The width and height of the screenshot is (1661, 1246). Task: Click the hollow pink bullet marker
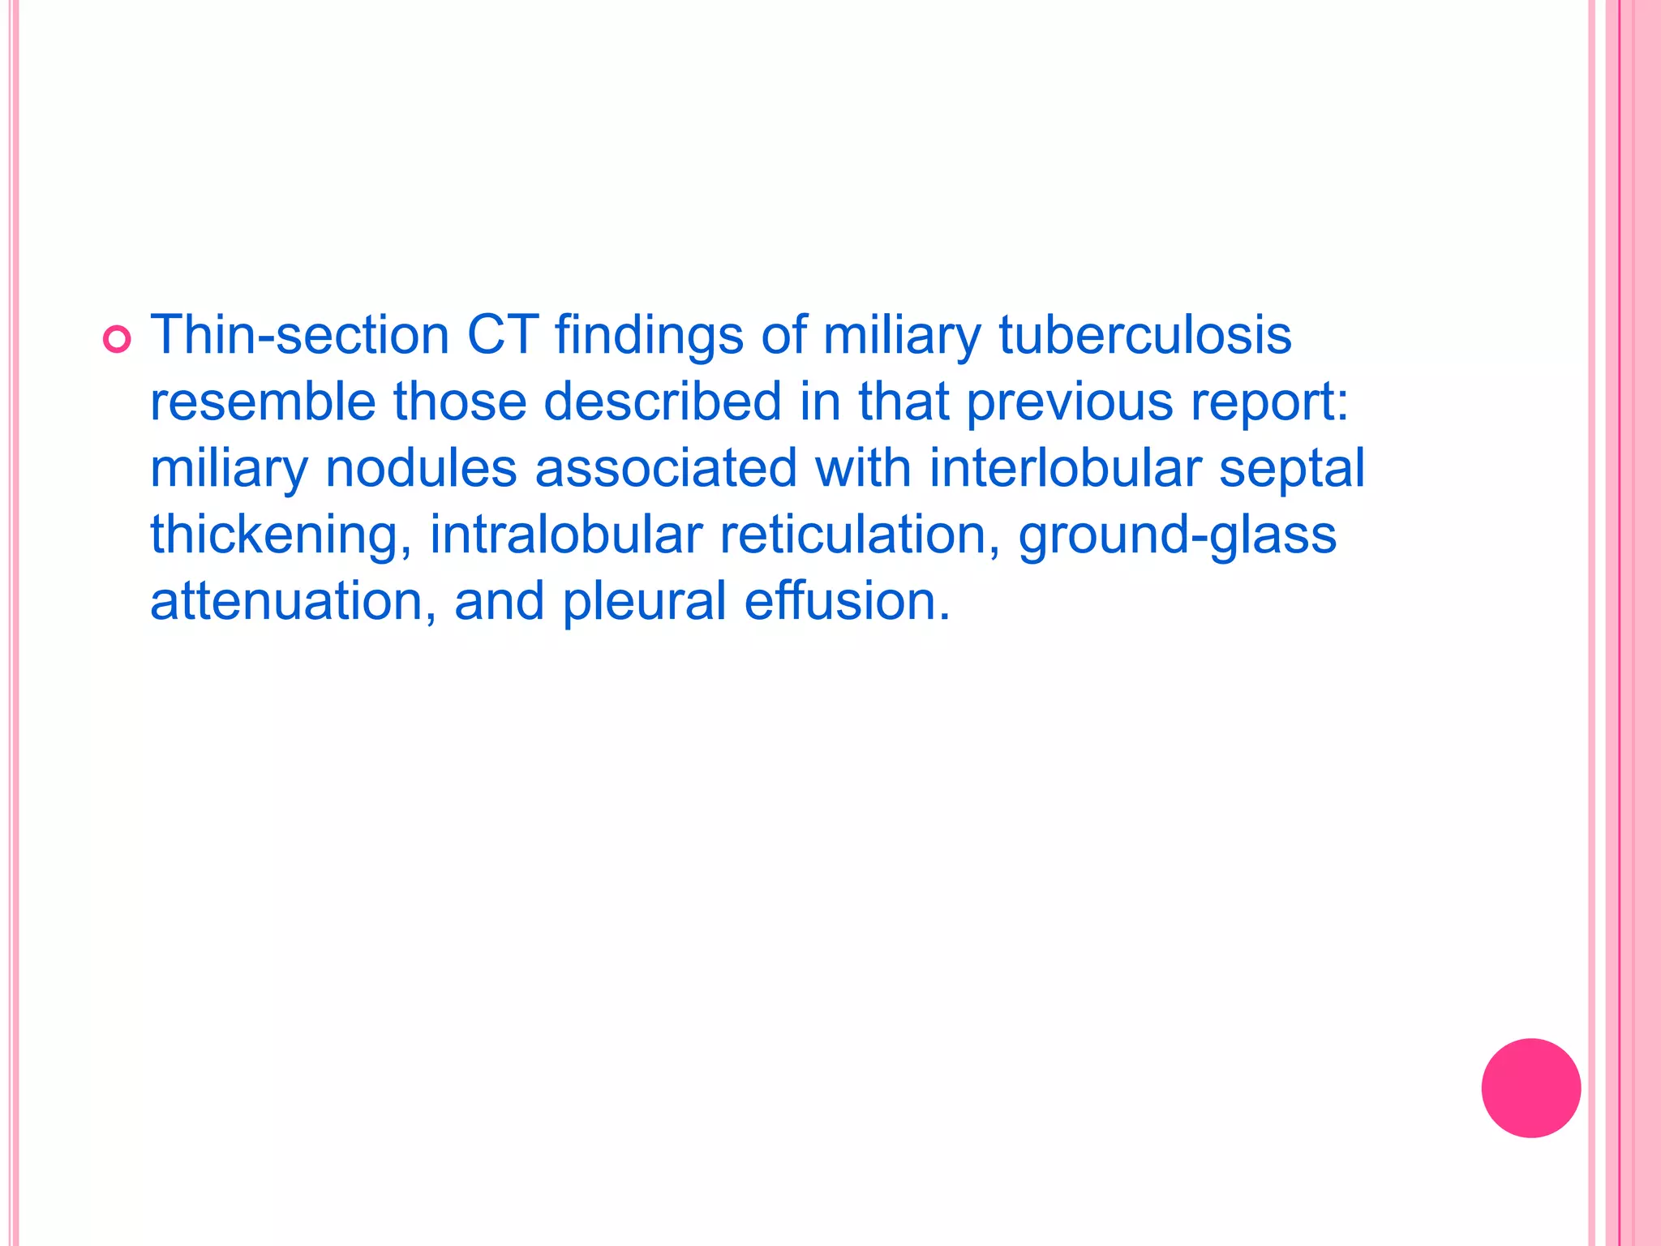tap(117, 339)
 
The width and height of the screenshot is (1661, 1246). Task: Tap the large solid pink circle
tap(1530, 1088)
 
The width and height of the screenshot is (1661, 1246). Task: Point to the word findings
tap(649, 336)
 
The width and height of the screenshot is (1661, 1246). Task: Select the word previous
tap(1070, 402)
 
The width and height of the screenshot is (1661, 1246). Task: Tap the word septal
tap(1292, 470)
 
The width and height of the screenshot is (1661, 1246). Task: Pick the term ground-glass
tap(1177, 536)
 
